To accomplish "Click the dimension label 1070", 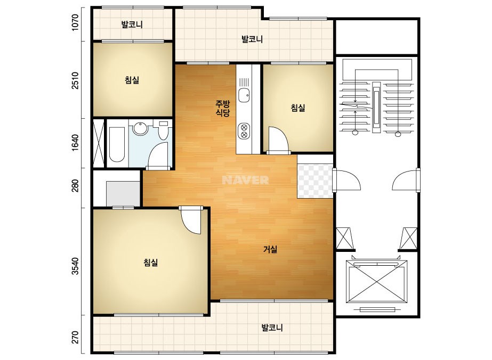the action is coord(75,22).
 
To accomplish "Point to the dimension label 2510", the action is coord(75,80).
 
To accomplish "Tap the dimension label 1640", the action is coord(75,143).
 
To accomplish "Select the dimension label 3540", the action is coord(75,266).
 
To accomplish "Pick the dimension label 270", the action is coord(75,337).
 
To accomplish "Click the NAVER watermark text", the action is coord(245,180).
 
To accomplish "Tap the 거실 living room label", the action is coord(270,250).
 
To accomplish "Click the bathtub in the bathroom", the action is coord(117,144).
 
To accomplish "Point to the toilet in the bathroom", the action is coord(163,130).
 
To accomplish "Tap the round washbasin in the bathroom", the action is coord(140,128).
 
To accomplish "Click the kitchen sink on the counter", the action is coord(244,95).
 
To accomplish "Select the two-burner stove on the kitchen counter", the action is coord(244,131).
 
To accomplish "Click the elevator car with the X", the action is coord(376,281).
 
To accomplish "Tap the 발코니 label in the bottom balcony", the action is coord(272,328).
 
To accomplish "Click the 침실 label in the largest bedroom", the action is coord(151,263).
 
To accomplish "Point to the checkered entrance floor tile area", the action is coord(315,181).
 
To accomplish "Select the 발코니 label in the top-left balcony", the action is coord(132,24).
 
